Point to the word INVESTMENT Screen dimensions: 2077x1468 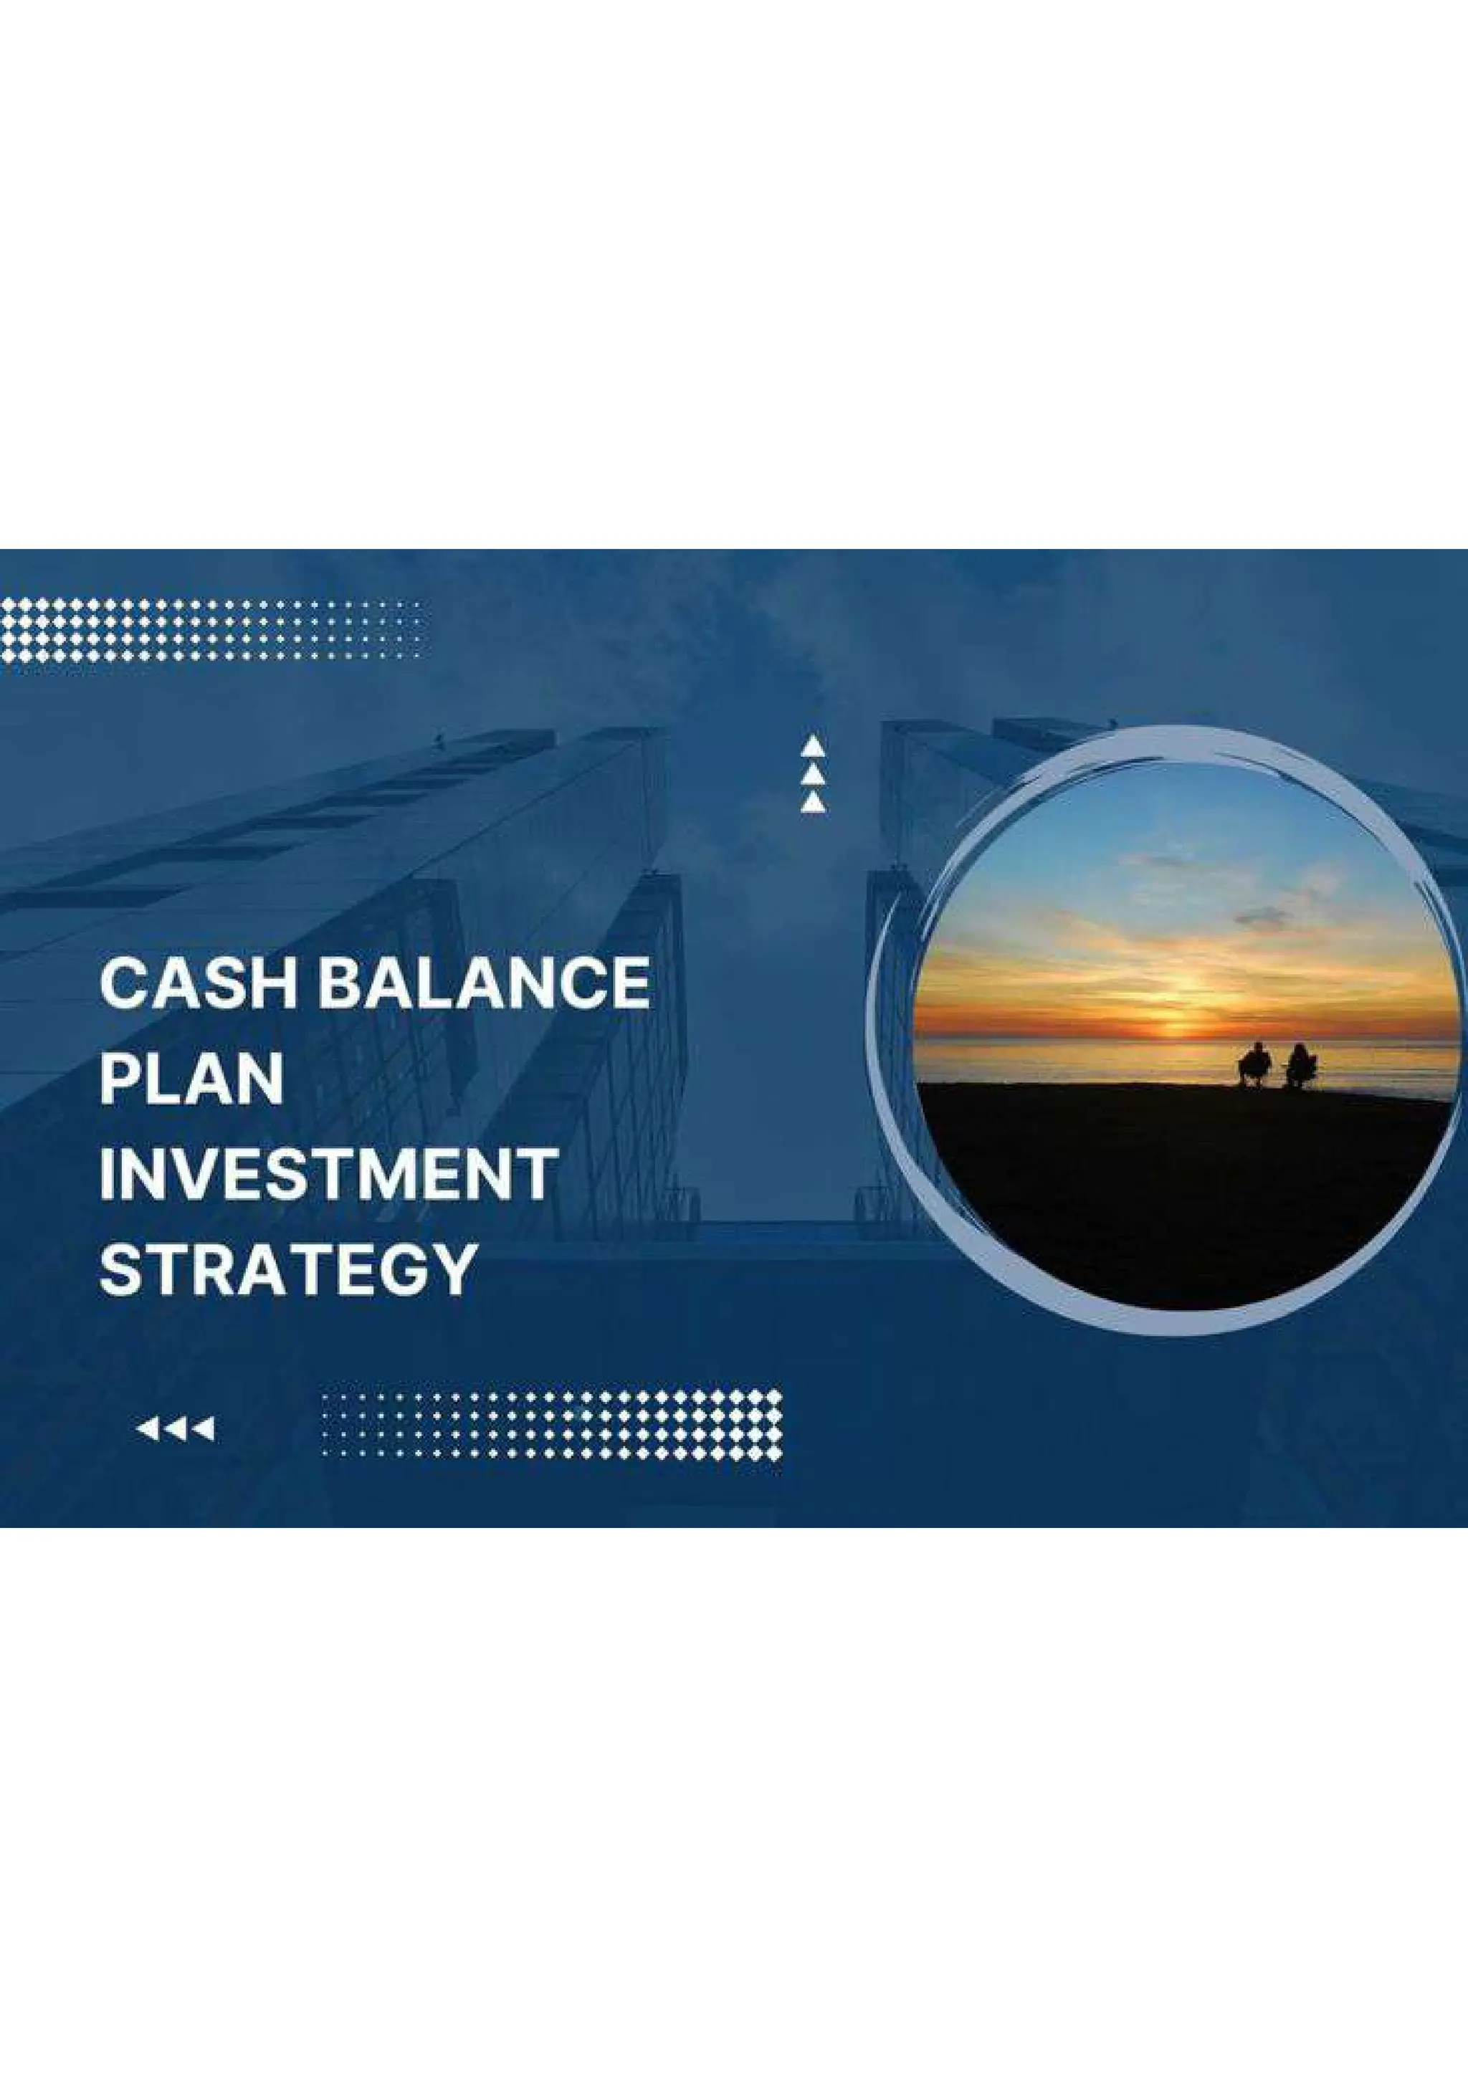328,1173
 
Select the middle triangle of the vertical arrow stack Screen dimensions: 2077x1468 812,774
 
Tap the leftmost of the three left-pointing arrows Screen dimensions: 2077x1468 146,1429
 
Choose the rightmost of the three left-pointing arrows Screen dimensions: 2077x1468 204,1429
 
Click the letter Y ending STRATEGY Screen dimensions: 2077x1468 453,1269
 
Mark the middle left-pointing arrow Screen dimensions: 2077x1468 176,1429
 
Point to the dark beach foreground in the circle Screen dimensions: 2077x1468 1176,1194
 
